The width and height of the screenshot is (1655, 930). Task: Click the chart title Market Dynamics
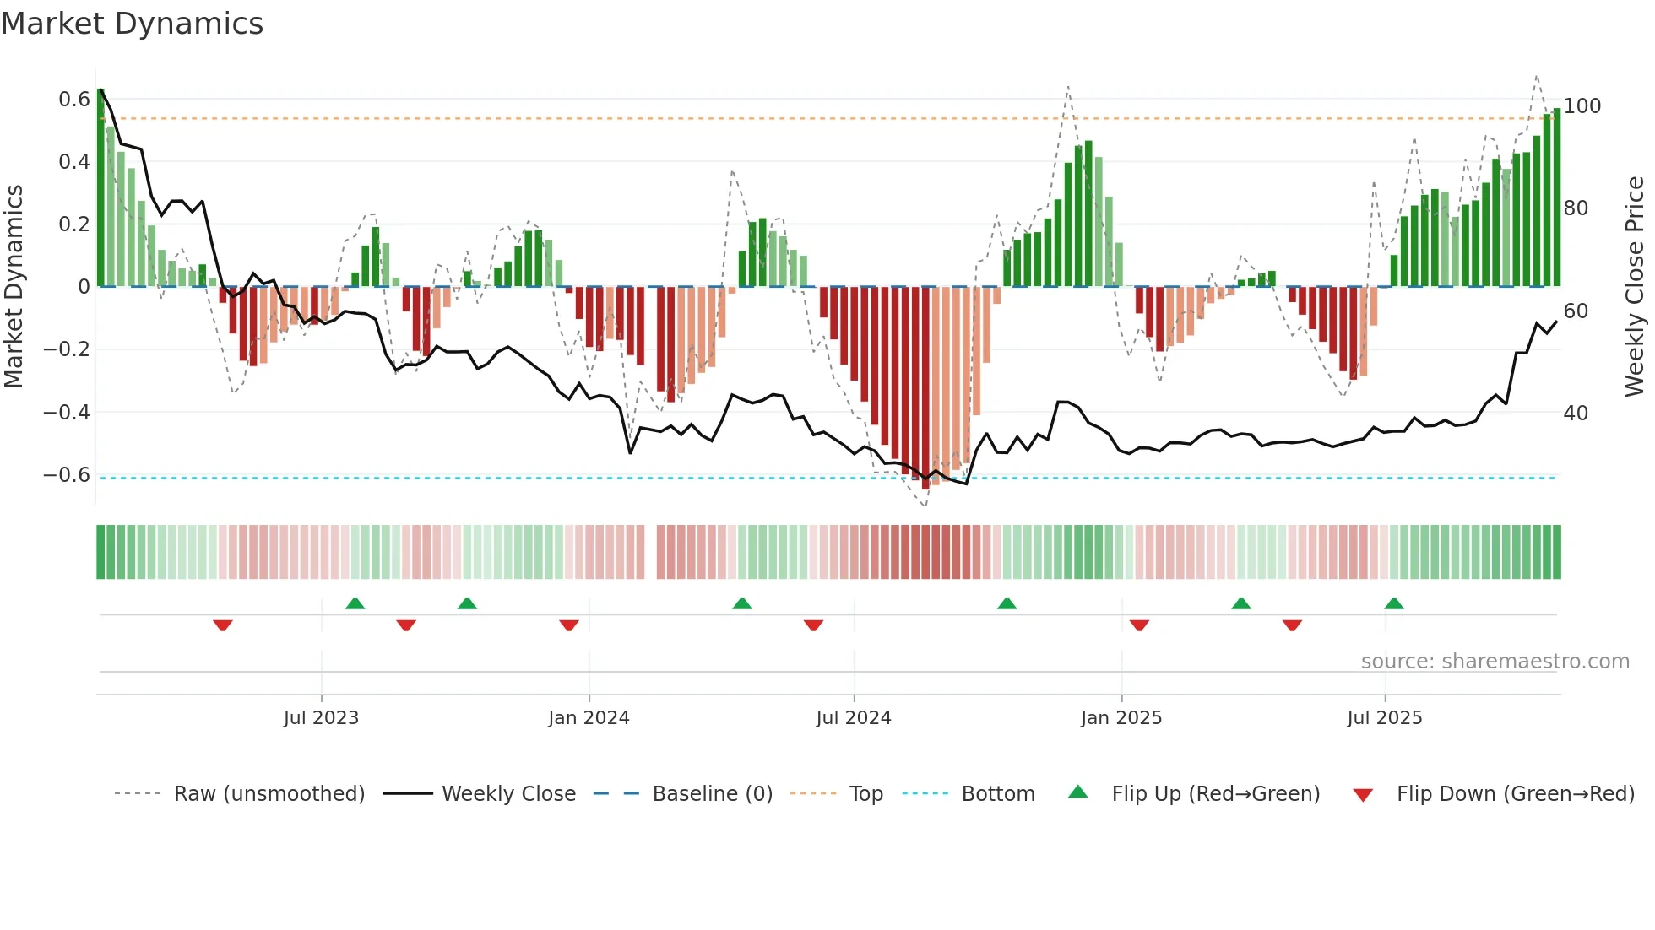coord(132,24)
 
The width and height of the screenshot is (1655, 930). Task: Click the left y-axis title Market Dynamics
coord(14,287)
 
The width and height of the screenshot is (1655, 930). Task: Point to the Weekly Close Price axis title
coord(1635,287)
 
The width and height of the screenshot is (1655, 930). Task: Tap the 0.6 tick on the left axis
coord(74,100)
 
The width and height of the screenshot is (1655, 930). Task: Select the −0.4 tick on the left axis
coord(67,413)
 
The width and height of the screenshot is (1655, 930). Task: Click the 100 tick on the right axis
coord(1582,106)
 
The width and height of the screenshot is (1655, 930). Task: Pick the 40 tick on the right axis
coord(1576,414)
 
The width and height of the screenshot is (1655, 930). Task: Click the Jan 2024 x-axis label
coord(589,718)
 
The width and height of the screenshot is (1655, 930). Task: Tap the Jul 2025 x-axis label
coord(1384,718)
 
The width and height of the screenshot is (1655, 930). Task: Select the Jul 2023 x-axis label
coord(321,718)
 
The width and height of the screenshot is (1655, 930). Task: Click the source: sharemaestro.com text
coord(1495,662)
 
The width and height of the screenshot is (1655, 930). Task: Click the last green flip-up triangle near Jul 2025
coord(1394,603)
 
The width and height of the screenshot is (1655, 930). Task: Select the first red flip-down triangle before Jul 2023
coord(223,625)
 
